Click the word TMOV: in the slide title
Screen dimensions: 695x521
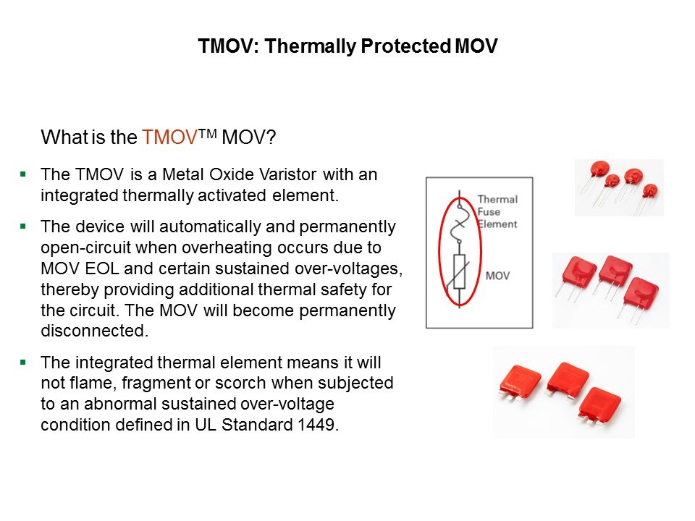[228, 46]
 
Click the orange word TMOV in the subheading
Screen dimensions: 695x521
[169, 137]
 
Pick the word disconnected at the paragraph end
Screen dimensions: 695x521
[94, 331]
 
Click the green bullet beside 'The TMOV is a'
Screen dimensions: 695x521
[23, 174]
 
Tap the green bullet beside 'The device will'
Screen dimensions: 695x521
[23, 226]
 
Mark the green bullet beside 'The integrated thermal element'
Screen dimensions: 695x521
[23, 363]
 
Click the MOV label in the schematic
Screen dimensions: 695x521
[497, 276]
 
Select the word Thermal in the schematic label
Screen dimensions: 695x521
[497, 200]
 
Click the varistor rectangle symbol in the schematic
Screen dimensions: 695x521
[460, 271]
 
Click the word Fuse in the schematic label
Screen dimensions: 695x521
[489, 212]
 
